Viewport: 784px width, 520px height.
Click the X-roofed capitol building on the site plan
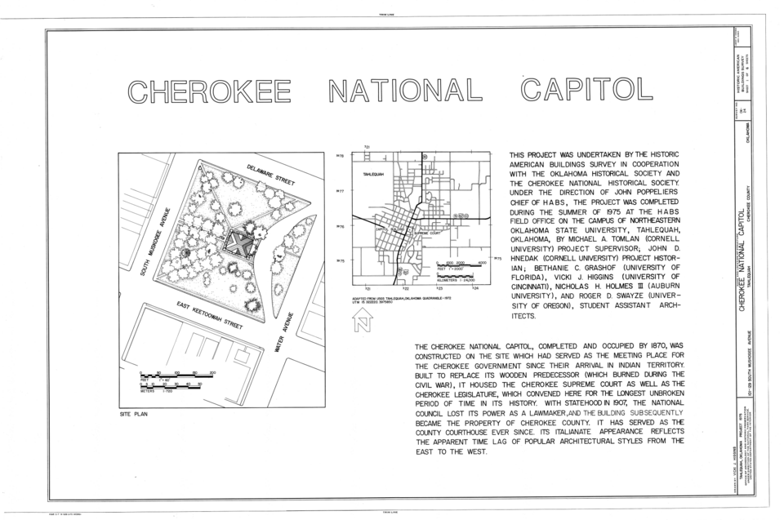238,242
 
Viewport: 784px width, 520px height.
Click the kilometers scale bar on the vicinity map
458,276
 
